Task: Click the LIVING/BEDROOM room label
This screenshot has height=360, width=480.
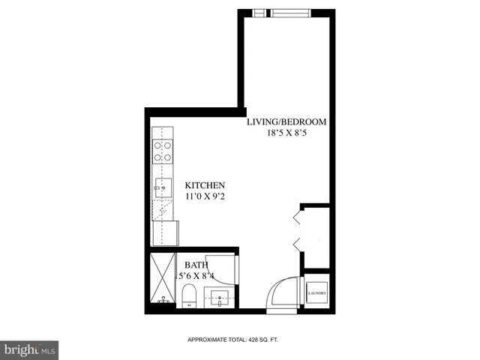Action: (287, 121)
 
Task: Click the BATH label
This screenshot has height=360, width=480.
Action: (196, 265)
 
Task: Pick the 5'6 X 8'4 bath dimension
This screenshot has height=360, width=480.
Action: (196, 275)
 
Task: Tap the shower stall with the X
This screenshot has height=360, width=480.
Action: (162, 277)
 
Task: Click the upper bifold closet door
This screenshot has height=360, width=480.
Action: (297, 217)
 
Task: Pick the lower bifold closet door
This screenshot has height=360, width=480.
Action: (297, 243)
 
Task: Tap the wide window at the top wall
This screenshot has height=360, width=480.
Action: (293, 12)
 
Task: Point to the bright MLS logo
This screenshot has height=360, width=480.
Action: (30, 349)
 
